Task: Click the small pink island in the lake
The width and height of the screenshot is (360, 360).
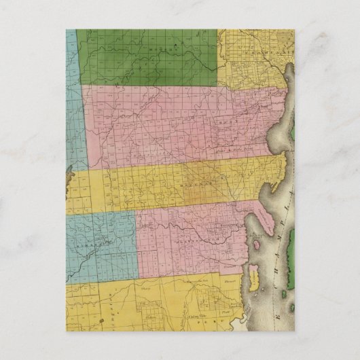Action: (x=257, y=244)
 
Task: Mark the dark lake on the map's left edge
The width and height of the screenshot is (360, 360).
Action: (x=69, y=178)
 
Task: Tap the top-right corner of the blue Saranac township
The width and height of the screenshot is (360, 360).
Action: (x=135, y=212)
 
